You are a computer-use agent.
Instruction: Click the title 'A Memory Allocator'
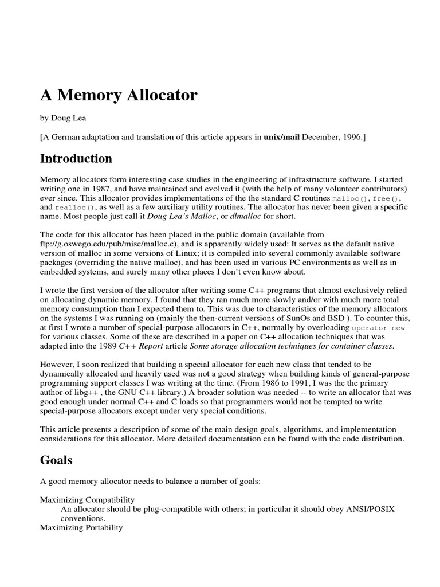[119, 95]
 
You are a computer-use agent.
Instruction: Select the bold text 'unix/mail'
[282, 137]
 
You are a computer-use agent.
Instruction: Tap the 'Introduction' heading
[76, 159]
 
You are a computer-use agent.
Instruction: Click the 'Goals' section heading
[57, 460]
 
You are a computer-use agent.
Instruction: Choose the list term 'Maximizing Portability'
[81, 527]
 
